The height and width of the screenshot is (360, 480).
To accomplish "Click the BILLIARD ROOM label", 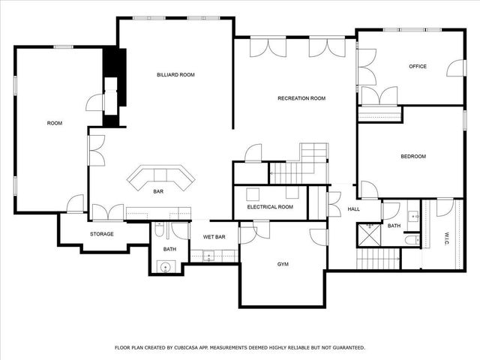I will [x=175, y=75].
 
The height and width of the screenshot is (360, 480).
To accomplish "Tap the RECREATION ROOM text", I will [x=301, y=98].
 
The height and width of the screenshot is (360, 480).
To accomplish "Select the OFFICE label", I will [x=418, y=67].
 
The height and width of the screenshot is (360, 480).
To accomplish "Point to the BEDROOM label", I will [x=412, y=156].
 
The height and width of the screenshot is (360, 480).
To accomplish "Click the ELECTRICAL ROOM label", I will [x=270, y=207].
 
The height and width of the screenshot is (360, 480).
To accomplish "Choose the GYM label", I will [x=283, y=265].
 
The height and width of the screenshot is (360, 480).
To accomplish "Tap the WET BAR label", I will [x=214, y=237].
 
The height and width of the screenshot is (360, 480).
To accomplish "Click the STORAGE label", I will [x=102, y=234].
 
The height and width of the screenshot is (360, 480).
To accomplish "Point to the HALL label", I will [x=353, y=209].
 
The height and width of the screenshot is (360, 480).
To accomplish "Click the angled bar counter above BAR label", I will [x=160, y=177].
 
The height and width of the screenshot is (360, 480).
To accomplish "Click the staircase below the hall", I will [x=378, y=259].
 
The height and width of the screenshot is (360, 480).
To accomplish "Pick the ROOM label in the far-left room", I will [x=54, y=123].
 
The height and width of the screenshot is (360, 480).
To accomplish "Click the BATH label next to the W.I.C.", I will [x=394, y=226].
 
